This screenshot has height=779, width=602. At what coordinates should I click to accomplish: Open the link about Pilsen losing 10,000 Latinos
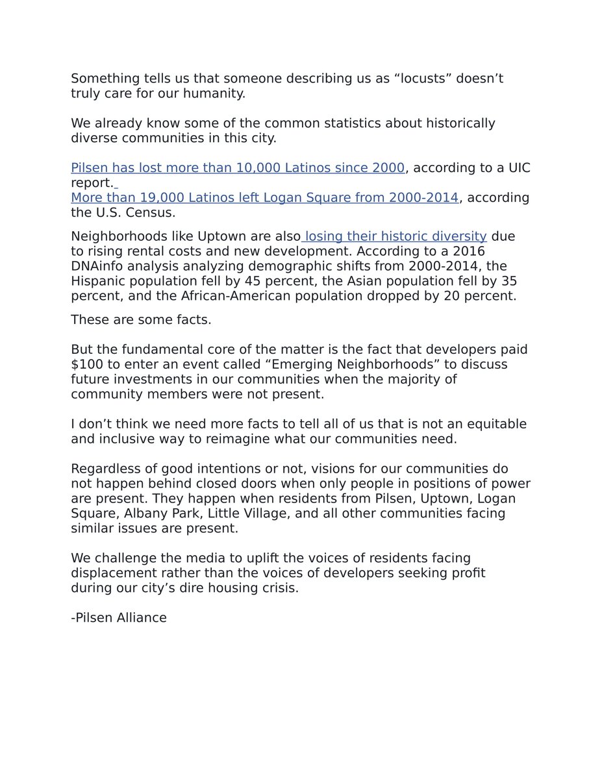pyautogui.click(x=238, y=168)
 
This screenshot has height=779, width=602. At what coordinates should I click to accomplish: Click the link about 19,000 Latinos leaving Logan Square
pyautogui.click(x=264, y=197)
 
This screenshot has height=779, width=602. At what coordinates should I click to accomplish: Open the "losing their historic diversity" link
pyautogui.click(x=395, y=236)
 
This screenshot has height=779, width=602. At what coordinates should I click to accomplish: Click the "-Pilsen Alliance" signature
pyautogui.click(x=119, y=617)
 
